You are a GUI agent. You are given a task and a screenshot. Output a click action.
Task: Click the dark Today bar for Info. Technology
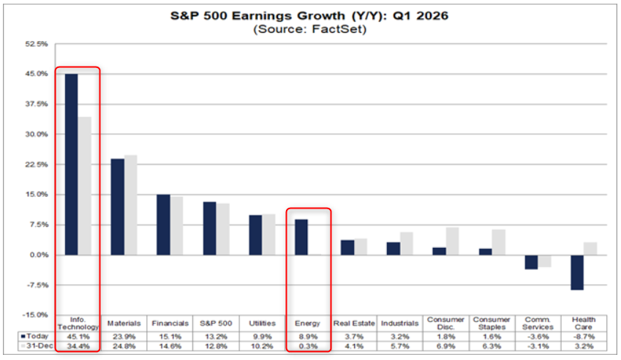click(x=71, y=165)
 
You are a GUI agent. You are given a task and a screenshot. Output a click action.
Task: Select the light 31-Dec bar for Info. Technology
click(x=85, y=186)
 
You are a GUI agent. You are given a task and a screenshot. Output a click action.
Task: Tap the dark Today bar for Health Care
click(x=577, y=272)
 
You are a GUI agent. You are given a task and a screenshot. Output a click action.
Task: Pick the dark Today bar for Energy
click(x=301, y=237)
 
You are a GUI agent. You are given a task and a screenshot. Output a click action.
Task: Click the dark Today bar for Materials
click(x=117, y=207)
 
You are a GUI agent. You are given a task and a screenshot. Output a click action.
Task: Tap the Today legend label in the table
click(x=37, y=336)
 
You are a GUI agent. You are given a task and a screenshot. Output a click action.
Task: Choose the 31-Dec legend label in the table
click(x=37, y=345)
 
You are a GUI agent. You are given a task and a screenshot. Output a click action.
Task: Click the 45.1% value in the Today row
click(x=78, y=336)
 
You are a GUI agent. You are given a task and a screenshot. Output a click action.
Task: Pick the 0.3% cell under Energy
click(x=308, y=345)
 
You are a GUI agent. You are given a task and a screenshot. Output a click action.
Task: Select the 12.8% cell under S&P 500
click(x=216, y=345)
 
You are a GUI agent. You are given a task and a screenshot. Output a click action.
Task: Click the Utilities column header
click(x=262, y=323)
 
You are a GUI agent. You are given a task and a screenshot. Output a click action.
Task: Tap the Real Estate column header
click(x=353, y=323)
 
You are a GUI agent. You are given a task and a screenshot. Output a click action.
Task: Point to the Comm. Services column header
click(x=538, y=323)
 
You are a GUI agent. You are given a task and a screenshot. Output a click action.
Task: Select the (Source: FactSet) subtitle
click(x=310, y=30)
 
